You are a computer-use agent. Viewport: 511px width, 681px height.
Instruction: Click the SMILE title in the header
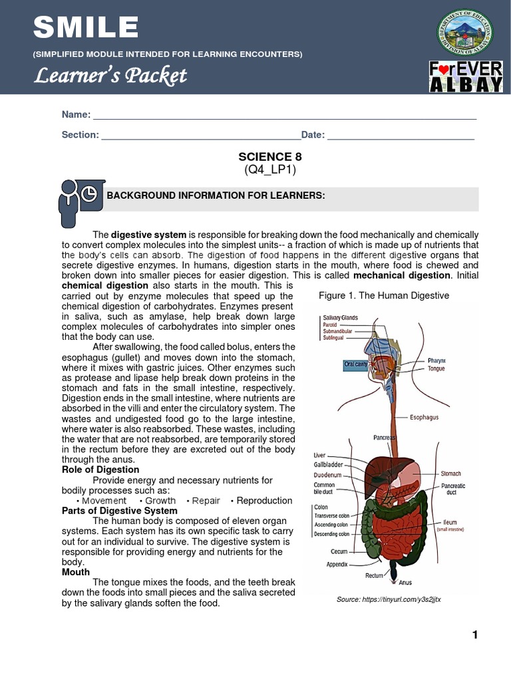click(x=86, y=29)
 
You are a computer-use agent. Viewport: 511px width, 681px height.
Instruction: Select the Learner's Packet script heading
click(x=111, y=76)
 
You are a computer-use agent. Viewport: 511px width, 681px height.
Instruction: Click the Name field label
click(x=76, y=115)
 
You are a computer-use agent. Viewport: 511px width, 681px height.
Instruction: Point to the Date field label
click(x=313, y=135)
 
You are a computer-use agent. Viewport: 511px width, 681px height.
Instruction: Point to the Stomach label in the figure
click(x=450, y=474)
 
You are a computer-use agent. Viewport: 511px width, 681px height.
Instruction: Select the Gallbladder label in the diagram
click(x=329, y=465)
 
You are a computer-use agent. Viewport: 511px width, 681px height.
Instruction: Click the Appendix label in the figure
click(x=337, y=563)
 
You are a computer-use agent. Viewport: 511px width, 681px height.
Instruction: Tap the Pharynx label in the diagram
click(x=436, y=360)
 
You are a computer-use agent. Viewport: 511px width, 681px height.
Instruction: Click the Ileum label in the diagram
click(x=450, y=522)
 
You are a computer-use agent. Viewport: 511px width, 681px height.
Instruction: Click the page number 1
click(x=475, y=635)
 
